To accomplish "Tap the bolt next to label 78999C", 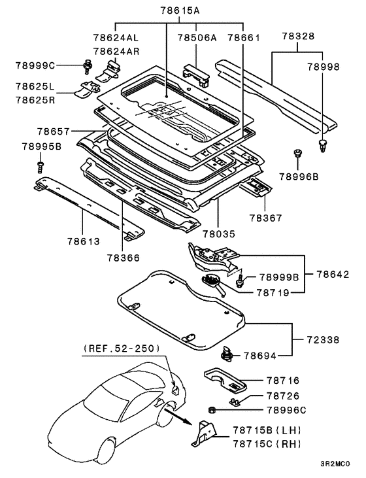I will pos(86,64).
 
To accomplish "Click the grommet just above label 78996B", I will pos(299,154).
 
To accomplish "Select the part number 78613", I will pos(82,241).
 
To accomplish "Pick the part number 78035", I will pos(218,233).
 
